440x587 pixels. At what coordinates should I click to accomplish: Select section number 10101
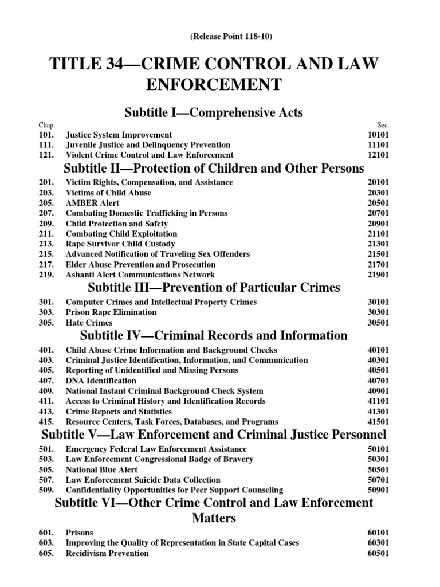click(378, 135)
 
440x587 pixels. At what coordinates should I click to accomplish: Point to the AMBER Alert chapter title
click(93, 203)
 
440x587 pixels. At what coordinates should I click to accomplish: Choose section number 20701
click(378, 213)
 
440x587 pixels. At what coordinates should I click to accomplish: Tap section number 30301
click(378, 312)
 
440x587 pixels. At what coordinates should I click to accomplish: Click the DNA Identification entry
click(101, 381)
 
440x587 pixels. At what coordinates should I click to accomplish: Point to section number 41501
click(378, 422)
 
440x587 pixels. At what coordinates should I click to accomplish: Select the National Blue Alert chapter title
click(102, 469)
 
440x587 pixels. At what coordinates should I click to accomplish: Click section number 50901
click(378, 490)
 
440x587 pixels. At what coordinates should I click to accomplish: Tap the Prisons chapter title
click(80, 533)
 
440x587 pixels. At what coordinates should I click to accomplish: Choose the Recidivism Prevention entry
click(108, 553)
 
